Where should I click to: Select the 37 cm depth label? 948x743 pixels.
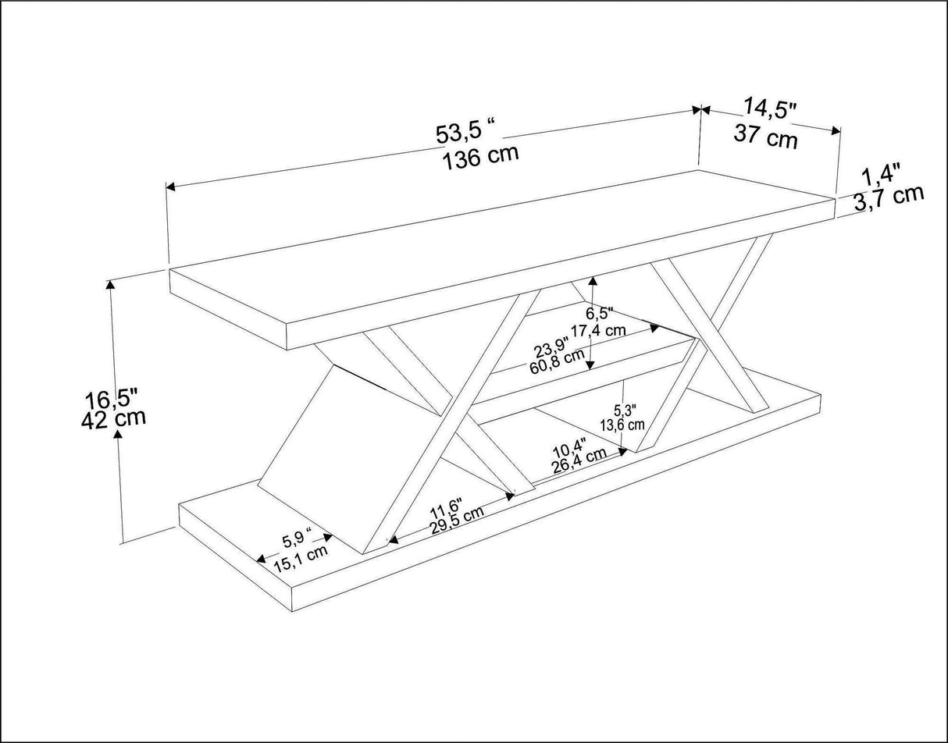(x=765, y=136)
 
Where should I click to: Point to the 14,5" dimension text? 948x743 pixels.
(x=770, y=109)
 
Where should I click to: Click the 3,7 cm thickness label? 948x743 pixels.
(x=889, y=199)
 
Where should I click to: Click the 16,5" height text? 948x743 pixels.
(x=111, y=398)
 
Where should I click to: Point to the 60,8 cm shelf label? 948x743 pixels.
(x=557, y=361)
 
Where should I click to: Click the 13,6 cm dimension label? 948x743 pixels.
(x=622, y=425)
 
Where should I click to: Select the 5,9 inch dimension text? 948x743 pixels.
(x=298, y=539)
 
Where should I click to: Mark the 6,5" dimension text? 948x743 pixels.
(x=600, y=314)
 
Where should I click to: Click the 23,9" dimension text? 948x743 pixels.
(x=551, y=347)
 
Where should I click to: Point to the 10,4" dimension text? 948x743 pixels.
(x=569, y=449)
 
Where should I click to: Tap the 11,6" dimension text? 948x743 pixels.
(x=446, y=507)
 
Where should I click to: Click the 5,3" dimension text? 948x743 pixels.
(x=625, y=411)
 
